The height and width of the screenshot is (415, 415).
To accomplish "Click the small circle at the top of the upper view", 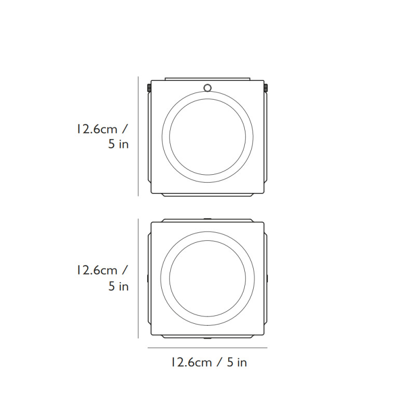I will (x=208, y=87).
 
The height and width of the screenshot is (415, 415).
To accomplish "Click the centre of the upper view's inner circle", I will (x=208, y=137).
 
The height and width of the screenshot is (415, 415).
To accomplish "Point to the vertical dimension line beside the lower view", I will (x=139, y=278).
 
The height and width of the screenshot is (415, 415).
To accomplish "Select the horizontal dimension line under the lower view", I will (x=208, y=348).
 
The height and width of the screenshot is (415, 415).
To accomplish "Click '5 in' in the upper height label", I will (x=118, y=145).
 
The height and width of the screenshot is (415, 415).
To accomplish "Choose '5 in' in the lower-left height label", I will (x=118, y=286).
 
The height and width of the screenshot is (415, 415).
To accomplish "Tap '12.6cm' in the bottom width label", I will (x=191, y=363).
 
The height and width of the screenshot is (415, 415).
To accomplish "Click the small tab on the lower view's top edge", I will (x=208, y=219).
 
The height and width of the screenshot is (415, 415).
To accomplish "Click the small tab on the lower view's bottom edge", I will (x=208, y=337).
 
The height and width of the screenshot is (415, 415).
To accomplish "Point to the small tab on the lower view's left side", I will (x=148, y=279).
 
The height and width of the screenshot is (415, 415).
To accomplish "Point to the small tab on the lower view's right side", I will (x=267, y=279).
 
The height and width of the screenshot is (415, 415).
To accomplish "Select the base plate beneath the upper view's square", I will (x=208, y=195).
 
